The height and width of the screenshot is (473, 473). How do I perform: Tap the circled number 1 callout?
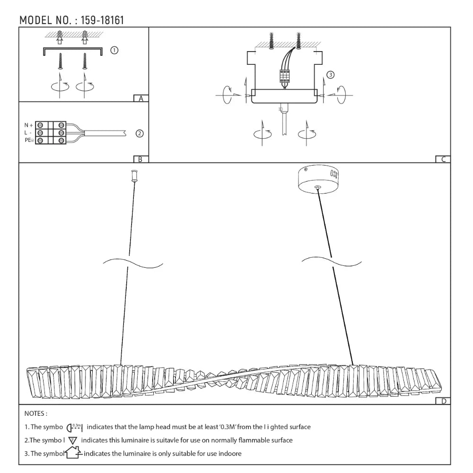click(114, 50)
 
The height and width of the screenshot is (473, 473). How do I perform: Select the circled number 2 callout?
click(140, 133)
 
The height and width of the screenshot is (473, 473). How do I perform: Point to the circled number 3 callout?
click(331, 75)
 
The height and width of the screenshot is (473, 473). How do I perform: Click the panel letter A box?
click(141, 98)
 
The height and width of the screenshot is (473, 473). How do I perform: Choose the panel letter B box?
click(141, 159)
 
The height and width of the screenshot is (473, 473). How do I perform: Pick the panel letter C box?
click(443, 159)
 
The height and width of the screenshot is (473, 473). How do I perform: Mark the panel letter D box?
click(443, 401)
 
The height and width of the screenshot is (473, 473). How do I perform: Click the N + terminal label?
click(29, 125)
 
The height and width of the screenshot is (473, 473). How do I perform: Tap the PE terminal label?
click(28, 140)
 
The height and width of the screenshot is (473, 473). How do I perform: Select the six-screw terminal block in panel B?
click(51, 133)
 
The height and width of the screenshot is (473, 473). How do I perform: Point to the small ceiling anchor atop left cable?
click(134, 176)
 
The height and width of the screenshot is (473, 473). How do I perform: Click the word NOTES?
click(36, 414)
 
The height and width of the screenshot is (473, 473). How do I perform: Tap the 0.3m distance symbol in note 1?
click(75, 427)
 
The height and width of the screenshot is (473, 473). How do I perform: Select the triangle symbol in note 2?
click(73, 440)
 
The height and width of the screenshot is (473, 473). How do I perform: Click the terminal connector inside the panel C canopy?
click(284, 76)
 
